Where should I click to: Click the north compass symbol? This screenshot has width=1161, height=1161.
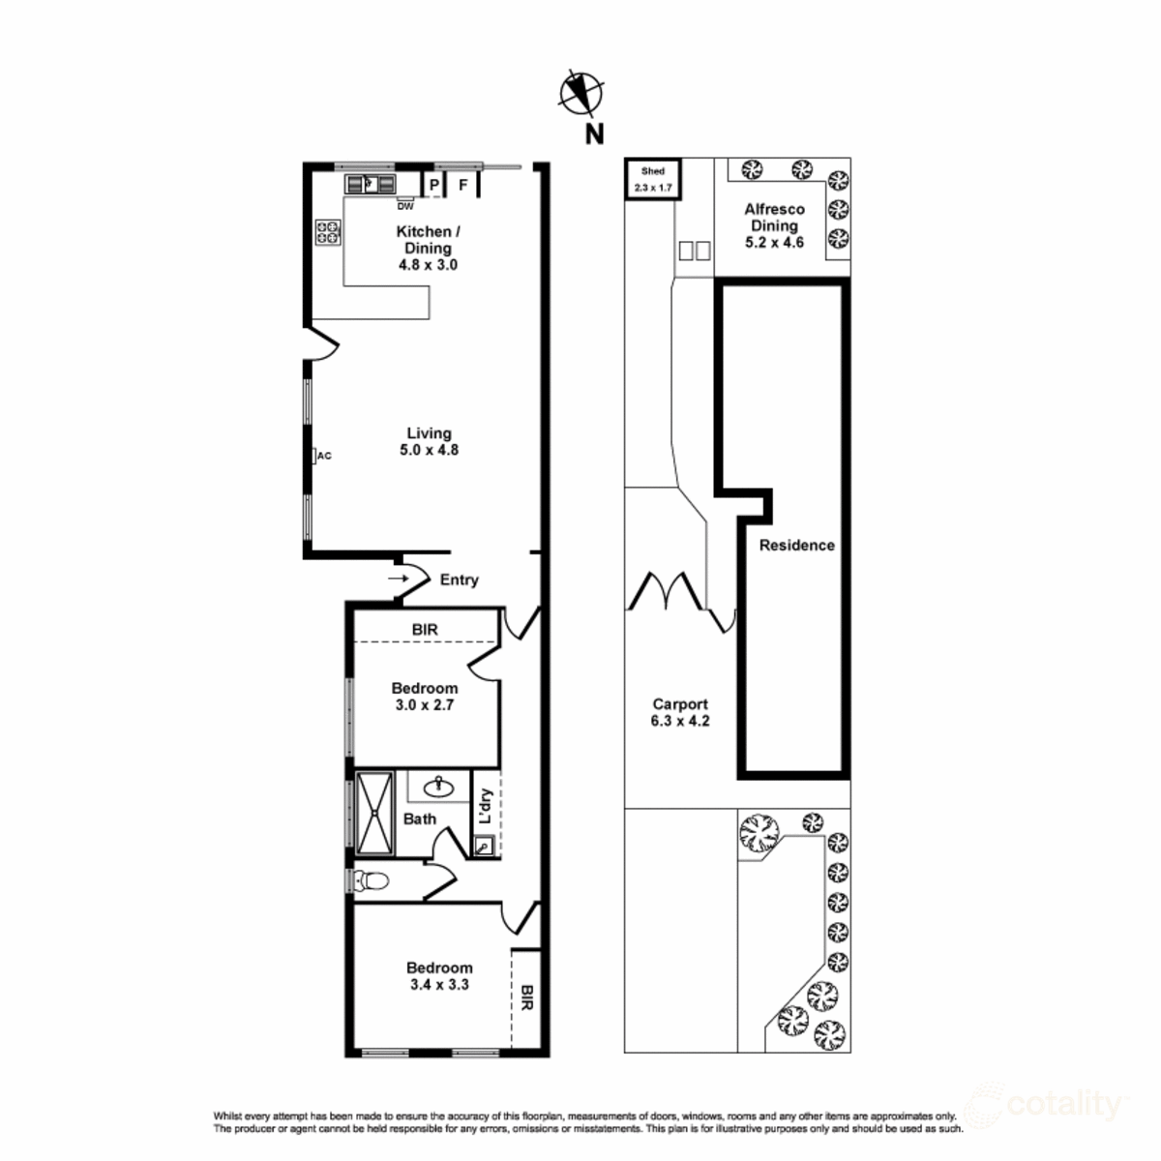[581, 94]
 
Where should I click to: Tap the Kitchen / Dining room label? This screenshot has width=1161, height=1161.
[428, 248]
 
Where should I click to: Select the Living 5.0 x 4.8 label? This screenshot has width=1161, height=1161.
[429, 441]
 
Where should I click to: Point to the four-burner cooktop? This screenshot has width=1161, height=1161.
[328, 232]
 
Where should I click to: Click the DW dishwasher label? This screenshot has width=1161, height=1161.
[405, 206]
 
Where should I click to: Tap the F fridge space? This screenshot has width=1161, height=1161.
[463, 184]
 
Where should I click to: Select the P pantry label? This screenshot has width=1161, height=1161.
[434, 184]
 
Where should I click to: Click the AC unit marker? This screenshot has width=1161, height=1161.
[323, 456]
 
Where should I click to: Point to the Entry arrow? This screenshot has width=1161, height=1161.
[398, 579]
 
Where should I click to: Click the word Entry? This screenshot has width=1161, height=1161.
[459, 580]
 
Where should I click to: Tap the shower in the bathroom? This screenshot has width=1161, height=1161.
[374, 813]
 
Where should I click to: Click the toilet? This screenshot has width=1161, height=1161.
[371, 880]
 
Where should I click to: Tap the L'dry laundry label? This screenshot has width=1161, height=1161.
[486, 807]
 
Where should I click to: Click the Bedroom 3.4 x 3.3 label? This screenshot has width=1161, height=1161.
[439, 976]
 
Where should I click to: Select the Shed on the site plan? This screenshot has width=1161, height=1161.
[653, 179]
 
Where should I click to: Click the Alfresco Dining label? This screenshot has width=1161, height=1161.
[774, 225]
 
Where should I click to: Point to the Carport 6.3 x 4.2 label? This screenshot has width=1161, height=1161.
[680, 712]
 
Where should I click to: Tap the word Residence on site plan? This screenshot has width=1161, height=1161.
[796, 545]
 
